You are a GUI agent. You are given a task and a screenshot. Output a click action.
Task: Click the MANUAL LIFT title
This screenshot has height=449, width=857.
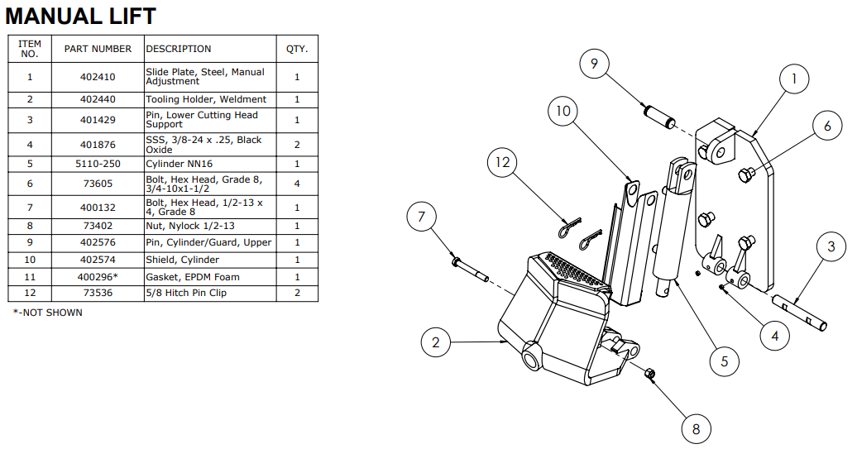[x=80, y=16]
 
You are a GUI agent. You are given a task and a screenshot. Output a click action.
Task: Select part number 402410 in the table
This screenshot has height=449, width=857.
[x=98, y=77]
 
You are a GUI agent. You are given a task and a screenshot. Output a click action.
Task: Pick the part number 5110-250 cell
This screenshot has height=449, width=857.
[x=98, y=164]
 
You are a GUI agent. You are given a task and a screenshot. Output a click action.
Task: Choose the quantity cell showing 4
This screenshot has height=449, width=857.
[x=297, y=184]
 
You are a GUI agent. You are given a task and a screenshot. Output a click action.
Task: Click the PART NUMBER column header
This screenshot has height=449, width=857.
[x=98, y=49]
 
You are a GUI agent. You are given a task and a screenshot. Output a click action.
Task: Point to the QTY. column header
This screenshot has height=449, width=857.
[x=297, y=49]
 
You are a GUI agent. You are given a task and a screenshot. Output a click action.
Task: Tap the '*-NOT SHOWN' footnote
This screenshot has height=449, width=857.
[x=47, y=313]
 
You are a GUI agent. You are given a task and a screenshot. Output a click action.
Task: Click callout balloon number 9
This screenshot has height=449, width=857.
[x=594, y=64]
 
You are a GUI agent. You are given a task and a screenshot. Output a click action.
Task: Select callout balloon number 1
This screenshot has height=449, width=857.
[x=794, y=79]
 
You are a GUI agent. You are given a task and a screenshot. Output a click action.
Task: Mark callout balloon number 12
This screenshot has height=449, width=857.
[x=503, y=162]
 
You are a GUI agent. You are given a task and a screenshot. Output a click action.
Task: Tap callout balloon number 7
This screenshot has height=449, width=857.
[x=421, y=217]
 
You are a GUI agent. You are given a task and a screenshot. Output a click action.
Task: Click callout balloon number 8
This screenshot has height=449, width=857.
[x=696, y=429]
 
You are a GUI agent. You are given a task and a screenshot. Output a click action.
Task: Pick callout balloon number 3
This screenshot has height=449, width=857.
[x=831, y=246]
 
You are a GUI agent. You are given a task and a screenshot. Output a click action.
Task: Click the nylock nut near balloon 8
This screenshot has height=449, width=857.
[x=649, y=375]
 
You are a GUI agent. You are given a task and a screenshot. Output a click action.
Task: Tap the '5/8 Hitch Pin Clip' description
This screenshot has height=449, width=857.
[x=186, y=293]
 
